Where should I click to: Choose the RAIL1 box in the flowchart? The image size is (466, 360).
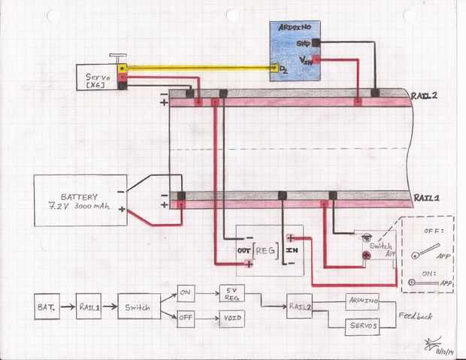[x=92, y=307]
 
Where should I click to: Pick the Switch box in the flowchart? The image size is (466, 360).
[x=138, y=307]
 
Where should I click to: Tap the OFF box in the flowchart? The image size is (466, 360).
[x=186, y=319]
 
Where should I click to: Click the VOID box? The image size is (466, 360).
[x=233, y=319]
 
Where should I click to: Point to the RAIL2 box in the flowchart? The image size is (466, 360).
[x=300, y=306]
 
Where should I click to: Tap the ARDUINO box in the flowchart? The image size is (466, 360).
[x=364, y=299]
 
